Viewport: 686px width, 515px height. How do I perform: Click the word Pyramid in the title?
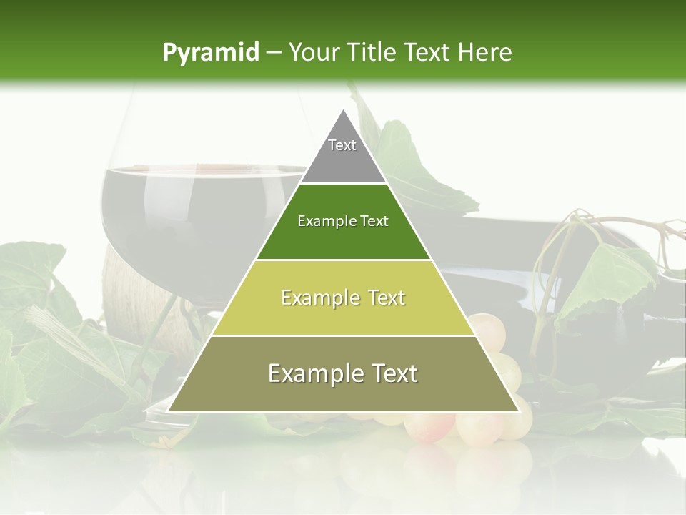[x=210, y=52]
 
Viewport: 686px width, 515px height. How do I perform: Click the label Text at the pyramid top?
[x=342, y=145]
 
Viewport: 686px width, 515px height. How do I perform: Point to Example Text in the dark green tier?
[x=343, y=221]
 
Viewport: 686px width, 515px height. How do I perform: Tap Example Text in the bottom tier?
[x=343, y=373]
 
